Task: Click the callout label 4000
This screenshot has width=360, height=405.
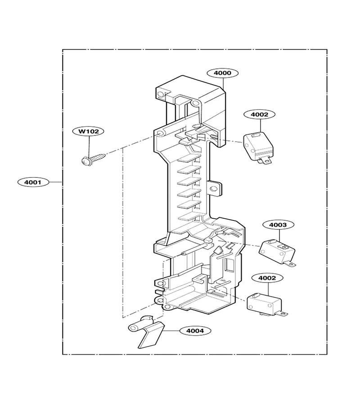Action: (222, 73)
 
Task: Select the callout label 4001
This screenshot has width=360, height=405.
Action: (33, 182)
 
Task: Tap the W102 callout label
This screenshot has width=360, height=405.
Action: (88, 131)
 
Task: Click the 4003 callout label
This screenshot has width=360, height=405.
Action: (278, 225)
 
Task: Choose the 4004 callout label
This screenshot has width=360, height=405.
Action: (195, 331)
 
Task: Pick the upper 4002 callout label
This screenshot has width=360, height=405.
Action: (260, 114)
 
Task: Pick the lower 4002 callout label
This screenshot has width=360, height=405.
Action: (267, 278)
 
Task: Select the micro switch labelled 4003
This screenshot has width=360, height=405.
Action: (277, 252)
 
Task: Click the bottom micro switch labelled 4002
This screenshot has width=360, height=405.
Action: (266, 304)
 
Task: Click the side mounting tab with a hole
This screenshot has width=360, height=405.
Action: (215, 188)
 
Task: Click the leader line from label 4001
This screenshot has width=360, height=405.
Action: (55, 182)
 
